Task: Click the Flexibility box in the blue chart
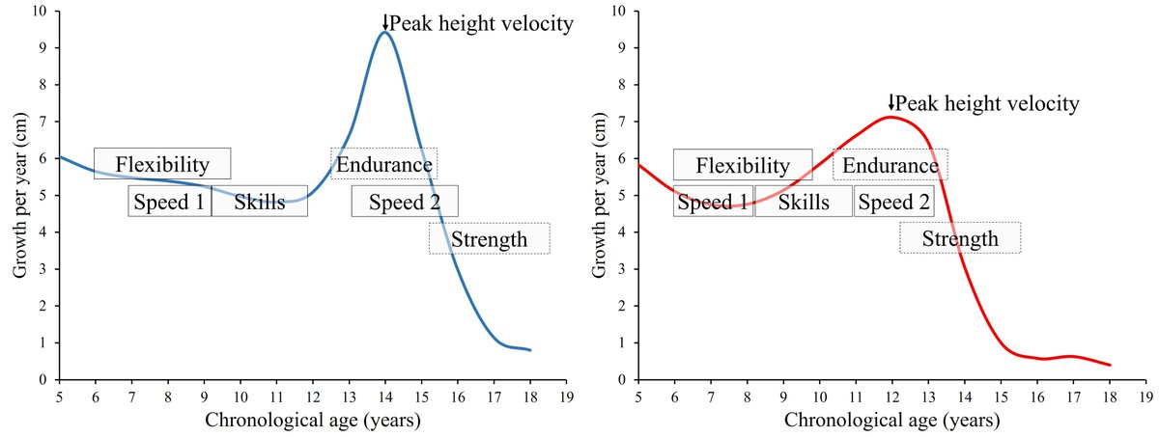pos(162,164)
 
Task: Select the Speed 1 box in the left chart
pos(169,202)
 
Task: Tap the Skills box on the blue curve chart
pos(259,202)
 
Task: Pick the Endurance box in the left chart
pos(383,164)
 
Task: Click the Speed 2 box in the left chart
pos(404,202)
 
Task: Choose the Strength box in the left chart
pos(489,238)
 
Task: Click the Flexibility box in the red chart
pos(742,165)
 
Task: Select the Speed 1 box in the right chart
pos(712,202)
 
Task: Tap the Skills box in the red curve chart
pos(803,202)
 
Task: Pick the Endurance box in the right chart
pos(890,165)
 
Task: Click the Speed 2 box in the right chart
pos(893,202)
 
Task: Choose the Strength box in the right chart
pos(959,238)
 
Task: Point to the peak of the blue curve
pos(384,32)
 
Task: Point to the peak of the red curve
pos(890,117)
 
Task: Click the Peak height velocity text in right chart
pos(986,103)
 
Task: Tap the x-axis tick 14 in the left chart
pos(384,396)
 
